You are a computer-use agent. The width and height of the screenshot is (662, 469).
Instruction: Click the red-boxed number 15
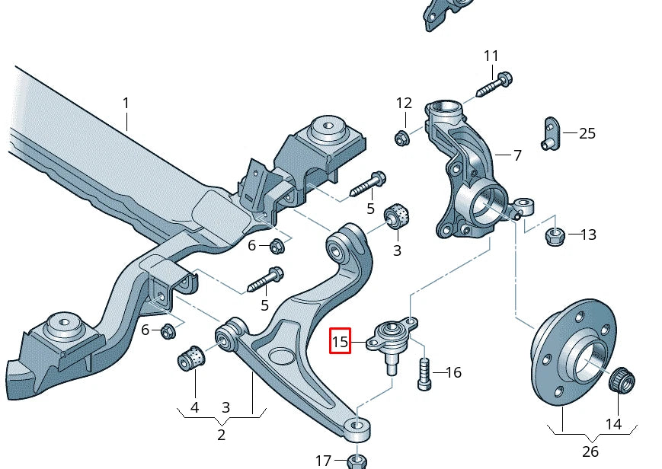point(340,342)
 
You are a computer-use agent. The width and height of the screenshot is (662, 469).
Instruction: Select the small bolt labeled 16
point(424,375)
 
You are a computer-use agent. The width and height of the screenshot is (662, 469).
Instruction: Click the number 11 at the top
point(491,56)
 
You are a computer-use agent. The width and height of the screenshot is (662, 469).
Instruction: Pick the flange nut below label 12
point(401,138)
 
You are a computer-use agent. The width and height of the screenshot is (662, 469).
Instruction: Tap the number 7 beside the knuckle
point(517,155)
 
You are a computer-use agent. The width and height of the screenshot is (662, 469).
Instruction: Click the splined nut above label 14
point(622,380)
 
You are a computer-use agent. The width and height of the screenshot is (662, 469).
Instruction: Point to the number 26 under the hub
point(590,451)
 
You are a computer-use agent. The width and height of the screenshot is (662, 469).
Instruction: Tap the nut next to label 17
point(357,461)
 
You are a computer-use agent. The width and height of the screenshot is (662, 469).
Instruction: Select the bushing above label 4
point(193,357)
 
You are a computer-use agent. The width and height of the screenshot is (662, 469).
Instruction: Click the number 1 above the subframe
point(126,103)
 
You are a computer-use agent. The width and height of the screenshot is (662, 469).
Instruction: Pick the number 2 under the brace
point(221,435)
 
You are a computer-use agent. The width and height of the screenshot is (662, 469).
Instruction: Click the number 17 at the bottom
point(324,461)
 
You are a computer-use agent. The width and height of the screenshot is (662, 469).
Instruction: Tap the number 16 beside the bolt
point(453,372)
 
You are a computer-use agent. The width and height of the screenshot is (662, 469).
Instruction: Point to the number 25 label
point(587,133)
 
